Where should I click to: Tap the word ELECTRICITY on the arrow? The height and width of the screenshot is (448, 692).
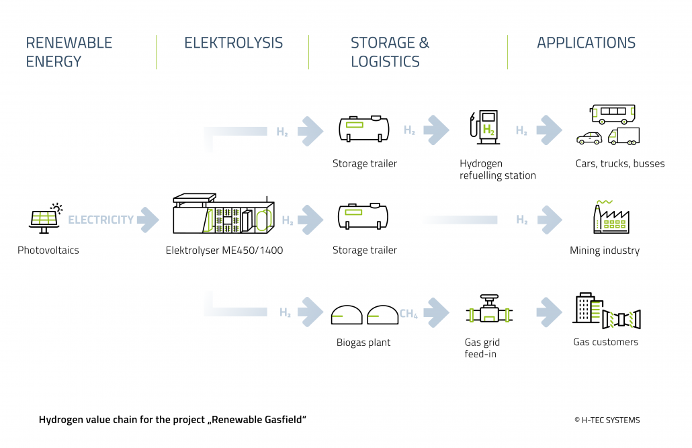(101, 220)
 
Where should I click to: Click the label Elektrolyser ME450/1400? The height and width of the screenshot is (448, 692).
(224, 251)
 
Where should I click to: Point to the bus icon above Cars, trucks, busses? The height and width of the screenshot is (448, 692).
(612, 114)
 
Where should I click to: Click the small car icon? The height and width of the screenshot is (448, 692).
(589, 138)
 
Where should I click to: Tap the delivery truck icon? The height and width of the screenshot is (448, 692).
(623, 136)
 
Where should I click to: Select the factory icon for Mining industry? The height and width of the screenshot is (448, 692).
(611, 217)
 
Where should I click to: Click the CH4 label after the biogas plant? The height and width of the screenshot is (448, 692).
(409, 313)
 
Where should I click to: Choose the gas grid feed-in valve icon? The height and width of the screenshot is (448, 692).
(488, 312)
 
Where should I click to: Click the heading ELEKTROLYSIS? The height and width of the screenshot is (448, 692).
(233, 43)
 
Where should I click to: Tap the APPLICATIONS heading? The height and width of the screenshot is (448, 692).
(586, 43)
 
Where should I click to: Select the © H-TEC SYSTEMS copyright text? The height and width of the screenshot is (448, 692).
(607, 420)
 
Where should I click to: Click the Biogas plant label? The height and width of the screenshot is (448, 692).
(363, 343)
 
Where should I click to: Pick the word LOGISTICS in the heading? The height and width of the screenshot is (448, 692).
(385, 62)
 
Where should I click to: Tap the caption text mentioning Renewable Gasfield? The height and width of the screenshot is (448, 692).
(173, 420)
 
